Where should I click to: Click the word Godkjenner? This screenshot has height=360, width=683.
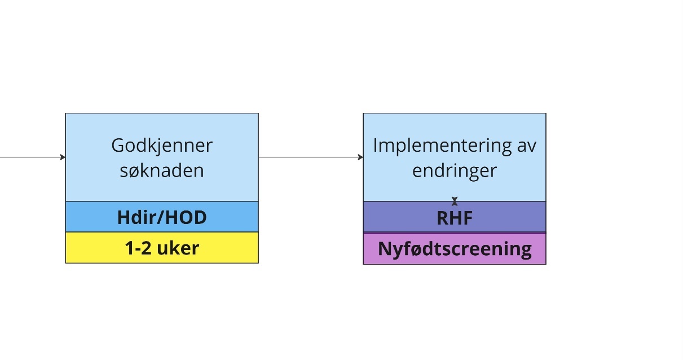pyautogui.click(x=161, y=146)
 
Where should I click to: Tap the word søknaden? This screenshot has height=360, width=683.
pyautogui.click(x=161, y=170)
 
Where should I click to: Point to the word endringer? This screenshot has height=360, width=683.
pyautogui.click(x=455, y=170)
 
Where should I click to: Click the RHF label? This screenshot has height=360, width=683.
pyautogui.click(x=455, y=218)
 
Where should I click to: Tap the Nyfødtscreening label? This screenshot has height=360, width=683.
pyautogui.click(x=455, y=249)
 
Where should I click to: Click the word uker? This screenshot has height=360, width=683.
pyautogui.click(x=179, y=248)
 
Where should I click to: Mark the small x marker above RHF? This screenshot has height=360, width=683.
pyautogui.click(x=455, y=201)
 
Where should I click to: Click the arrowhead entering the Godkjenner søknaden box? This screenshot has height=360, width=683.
pyautogui.click(x=63, y=157)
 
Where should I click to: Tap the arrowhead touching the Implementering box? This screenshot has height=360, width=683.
pyautogui.click(x=360, y=157)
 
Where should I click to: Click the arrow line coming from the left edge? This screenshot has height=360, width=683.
pyautogui.click(x=28, y=157)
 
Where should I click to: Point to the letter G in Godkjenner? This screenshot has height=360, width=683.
pyautogui.click(x=117, y=146)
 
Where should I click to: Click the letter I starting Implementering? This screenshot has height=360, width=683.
pyautogui.click(x=375, y=146)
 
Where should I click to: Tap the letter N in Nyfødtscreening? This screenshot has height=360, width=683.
pyautogui.click(x=384, y=249)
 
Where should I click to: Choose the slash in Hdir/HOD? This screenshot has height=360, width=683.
pyautogui.click(x=161, y=218)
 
